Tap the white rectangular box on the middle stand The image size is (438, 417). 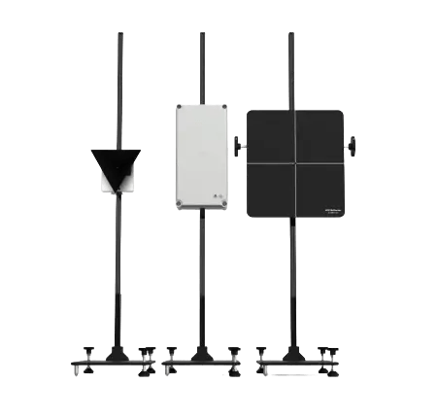[x=202, y=156]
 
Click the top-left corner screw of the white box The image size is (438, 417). [x=181, y=107]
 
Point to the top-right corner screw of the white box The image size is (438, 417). [x=223, y=107]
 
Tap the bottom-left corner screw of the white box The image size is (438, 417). [x=181, y=205]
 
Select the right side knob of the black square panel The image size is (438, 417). [x=353, y=146]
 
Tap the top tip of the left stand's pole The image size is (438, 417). [x=120, y=35]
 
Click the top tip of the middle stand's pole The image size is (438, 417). [x=202, y=35]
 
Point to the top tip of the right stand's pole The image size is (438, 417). [x=291, y=35]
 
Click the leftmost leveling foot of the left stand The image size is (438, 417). [x=86, y=352]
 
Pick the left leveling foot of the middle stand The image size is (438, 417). [x=172, y=352]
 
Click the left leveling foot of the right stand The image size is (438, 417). [x=261, y=352]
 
